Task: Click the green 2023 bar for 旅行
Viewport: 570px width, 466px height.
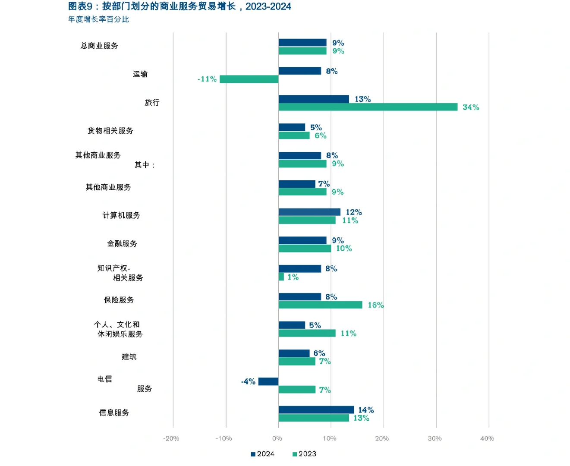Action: pos(368,107)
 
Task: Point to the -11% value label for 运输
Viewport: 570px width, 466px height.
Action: pos(207,79)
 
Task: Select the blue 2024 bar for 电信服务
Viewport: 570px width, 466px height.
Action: pos(268,381)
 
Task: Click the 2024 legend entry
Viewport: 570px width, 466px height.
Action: pos(262,454)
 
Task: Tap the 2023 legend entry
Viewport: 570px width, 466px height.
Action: pos(304,454)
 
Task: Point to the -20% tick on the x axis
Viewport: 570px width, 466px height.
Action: pos(171,438)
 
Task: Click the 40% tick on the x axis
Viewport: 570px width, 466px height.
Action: pos(487,438)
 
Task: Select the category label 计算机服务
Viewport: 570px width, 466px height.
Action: pos(121,215)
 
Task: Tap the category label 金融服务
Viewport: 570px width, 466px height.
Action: pos(122,244)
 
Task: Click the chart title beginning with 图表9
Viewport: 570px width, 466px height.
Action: pos(180,6)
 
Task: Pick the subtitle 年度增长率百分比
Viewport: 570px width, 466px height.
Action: pos(98,19)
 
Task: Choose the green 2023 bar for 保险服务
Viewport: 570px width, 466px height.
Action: pos(320,305)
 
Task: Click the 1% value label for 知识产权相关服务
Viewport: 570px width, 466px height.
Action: pos(293,277)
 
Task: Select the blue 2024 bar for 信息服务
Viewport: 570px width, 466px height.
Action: pos(316,410)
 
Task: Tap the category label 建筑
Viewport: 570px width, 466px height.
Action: pos(129,357)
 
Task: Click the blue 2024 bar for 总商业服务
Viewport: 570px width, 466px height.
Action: pos(302,43)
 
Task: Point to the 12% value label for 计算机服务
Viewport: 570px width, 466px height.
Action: pos(353,212)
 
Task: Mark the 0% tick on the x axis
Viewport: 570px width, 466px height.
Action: pos(277,438)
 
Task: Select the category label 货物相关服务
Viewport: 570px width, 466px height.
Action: pos(110,131)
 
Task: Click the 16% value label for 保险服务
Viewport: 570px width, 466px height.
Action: pos(375,305)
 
